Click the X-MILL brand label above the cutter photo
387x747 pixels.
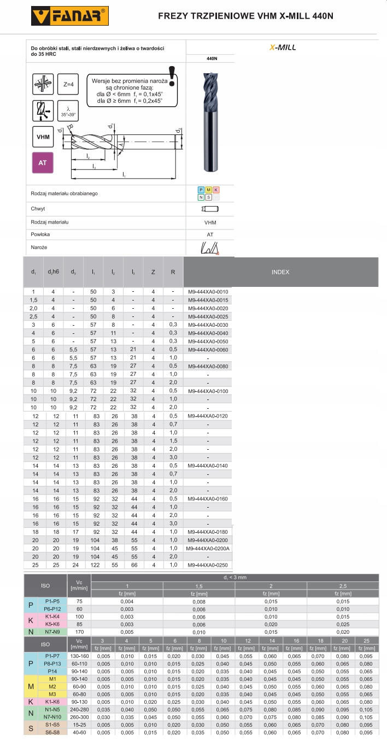tap(283, 48)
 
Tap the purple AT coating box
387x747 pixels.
tap(43, 163)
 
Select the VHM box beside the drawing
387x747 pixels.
tap(43, 137)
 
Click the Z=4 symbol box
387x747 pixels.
tap(68, 85)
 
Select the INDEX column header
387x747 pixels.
tap(280, 272)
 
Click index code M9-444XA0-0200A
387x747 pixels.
tap(208, 549)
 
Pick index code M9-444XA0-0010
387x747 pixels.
tap(208, 292)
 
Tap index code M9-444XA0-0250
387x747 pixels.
tap(208, 565)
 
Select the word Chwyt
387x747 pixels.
tap(38, 209)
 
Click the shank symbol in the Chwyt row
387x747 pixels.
tap(210, 209)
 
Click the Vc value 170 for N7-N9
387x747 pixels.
tap(79, 632)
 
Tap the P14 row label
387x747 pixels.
tap(52, 670)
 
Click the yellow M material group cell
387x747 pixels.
tap(31, 686)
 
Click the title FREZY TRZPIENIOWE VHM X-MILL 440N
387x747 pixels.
tap(245, 16)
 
